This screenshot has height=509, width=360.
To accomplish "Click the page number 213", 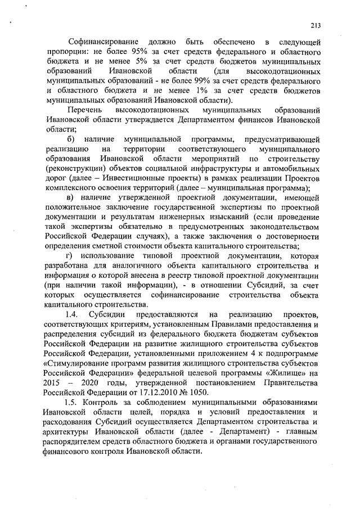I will tap(314, 25).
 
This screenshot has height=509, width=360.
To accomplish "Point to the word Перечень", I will tap(85, 110).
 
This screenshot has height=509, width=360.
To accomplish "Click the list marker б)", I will tap(71, 138).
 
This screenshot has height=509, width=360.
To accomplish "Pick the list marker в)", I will tap(70, 196).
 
